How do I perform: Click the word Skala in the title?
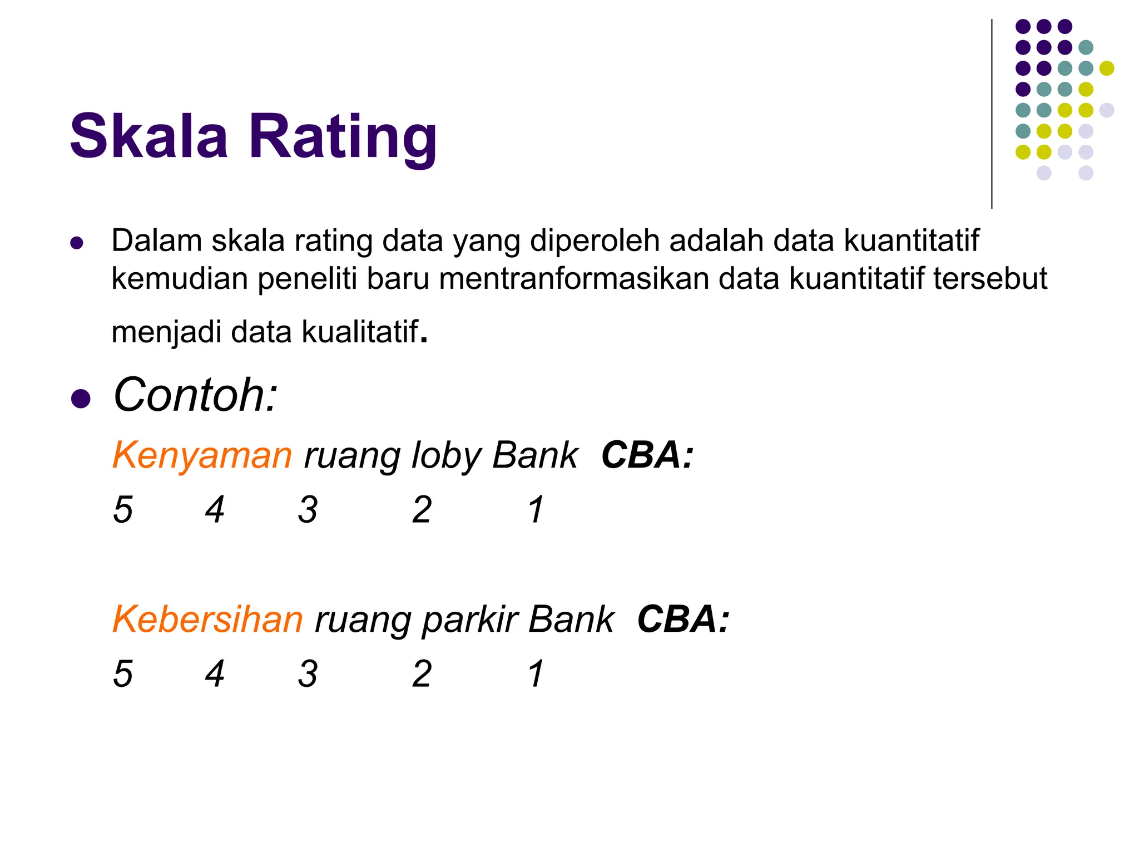pos(148,136)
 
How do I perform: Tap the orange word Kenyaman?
pos(202,455)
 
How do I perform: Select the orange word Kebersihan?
pos(207,619)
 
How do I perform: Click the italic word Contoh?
pos(195,395)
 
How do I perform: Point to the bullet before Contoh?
pos(81,399)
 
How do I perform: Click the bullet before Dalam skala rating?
pos(77,243)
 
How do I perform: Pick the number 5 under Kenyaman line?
pos(123,509)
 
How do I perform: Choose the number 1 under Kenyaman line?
pos(536,509)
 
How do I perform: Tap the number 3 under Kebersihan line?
pos(308,674)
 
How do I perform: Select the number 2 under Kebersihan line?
pos(422,674)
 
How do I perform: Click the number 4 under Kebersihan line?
pos(215,674)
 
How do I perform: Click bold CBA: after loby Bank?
pos(647,455)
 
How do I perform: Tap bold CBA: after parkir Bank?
pos(683,619)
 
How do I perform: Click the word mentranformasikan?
pos(574,278)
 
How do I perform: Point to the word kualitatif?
pos(359,332)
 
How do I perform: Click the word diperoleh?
pos(594,242)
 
